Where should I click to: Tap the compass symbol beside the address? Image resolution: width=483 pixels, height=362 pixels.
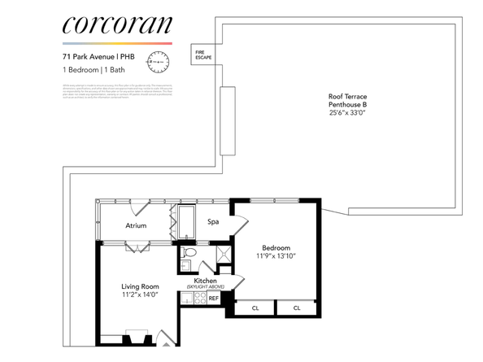click(x=158, y=62)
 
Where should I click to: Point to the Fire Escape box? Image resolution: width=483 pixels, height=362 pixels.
click(x=202, y=55)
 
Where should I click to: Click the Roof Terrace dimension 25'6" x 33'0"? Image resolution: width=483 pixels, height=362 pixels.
click(x=347, y=114)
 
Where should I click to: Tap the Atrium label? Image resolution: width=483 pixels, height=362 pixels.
click(x=136, y=225)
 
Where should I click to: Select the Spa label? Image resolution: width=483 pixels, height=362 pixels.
click(x=214, y=221)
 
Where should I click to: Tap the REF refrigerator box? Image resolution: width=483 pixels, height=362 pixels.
click(x=214, y=299)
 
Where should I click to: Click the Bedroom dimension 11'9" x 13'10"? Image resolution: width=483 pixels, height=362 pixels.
click(x=277, y=256)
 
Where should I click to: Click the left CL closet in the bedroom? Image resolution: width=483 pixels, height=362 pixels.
click(x=255, y=308)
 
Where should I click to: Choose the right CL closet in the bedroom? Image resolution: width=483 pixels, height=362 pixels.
click(x=297, y=308)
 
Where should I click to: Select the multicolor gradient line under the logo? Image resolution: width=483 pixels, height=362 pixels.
click(x=116, y=43)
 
